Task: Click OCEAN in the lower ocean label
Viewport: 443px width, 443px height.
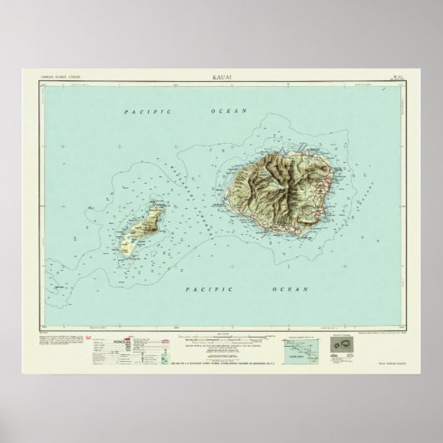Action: point(283,289)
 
